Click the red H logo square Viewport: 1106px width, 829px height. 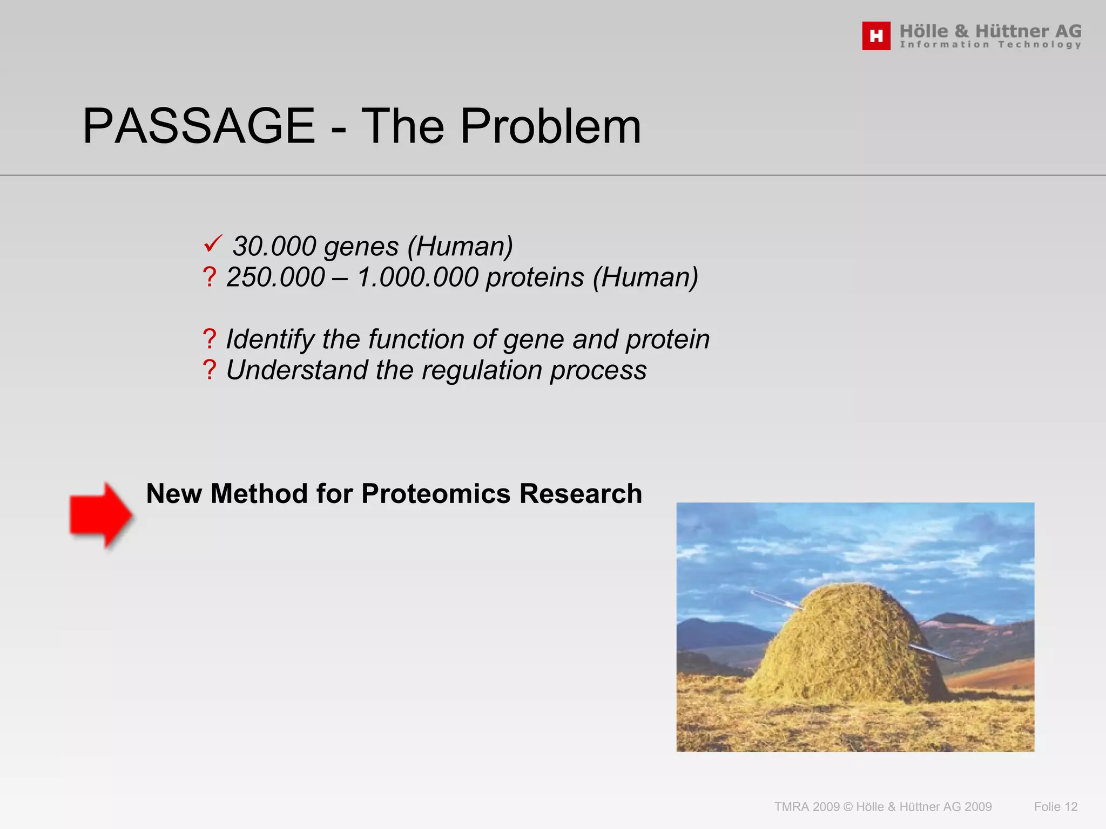tap(876, 36)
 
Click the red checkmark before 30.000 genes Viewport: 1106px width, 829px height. tap(213, 244)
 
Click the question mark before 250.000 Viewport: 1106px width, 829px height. tap(210, 277)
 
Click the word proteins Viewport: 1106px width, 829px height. tap(535, 277)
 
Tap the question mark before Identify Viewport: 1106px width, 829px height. tap(210, 339)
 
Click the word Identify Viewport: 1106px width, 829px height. tap(270, 339)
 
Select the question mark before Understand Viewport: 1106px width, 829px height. tap(210, 371)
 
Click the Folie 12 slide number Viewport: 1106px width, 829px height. tap(1055, 807)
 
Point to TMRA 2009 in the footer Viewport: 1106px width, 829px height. tap(807, 807)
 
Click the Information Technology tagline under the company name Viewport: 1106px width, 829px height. tap(990, 45)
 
